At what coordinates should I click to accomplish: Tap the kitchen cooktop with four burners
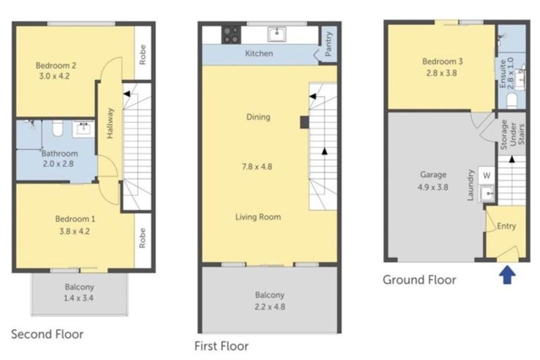231,35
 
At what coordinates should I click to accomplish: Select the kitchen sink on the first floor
277,34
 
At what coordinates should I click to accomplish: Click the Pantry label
328,44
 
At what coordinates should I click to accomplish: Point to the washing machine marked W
487,175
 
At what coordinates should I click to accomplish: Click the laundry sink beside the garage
487,194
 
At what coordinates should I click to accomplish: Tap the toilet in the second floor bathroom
57,129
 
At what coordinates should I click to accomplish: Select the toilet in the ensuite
512,100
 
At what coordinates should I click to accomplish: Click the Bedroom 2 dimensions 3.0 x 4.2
54,76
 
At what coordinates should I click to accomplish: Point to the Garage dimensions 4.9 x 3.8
433,188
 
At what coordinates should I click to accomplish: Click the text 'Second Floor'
47,334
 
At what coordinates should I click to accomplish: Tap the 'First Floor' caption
221,346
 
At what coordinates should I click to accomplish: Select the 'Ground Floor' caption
420,280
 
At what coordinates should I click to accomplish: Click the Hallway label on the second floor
110,123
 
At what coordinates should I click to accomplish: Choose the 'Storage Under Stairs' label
513,134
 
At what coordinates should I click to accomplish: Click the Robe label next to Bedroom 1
142,238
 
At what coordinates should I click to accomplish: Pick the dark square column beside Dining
304,122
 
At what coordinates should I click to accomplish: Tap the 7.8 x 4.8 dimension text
257,167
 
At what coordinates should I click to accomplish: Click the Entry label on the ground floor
506,226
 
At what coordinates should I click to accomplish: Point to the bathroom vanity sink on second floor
84,129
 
